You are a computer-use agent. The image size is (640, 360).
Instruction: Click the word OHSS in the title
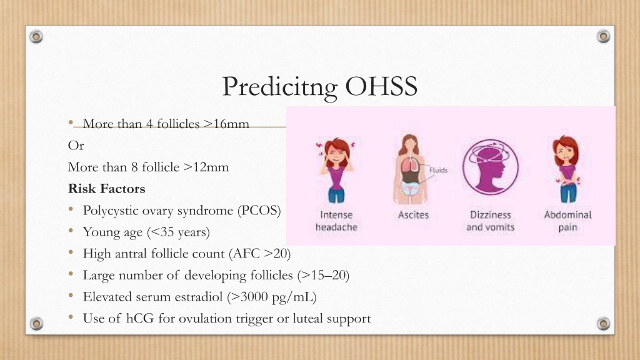381,86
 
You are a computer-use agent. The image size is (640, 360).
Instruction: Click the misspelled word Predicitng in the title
279,87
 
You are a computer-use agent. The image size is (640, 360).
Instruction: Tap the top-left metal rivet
36,37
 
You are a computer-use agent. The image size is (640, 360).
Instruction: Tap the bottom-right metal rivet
603,324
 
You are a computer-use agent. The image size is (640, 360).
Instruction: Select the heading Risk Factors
106,189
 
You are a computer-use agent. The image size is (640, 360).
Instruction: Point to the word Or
76,146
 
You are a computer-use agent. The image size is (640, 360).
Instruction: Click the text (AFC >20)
259,254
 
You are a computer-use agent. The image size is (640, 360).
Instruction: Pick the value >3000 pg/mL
272,297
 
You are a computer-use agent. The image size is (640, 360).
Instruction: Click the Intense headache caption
336,221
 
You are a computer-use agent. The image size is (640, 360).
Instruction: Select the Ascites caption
414,215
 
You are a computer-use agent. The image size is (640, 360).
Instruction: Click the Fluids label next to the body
438,170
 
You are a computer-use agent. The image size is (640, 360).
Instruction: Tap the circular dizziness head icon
491,167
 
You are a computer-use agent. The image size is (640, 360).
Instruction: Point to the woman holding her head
336,170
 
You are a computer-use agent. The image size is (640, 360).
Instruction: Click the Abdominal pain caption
567,221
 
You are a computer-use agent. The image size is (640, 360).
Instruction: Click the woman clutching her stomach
566,169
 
